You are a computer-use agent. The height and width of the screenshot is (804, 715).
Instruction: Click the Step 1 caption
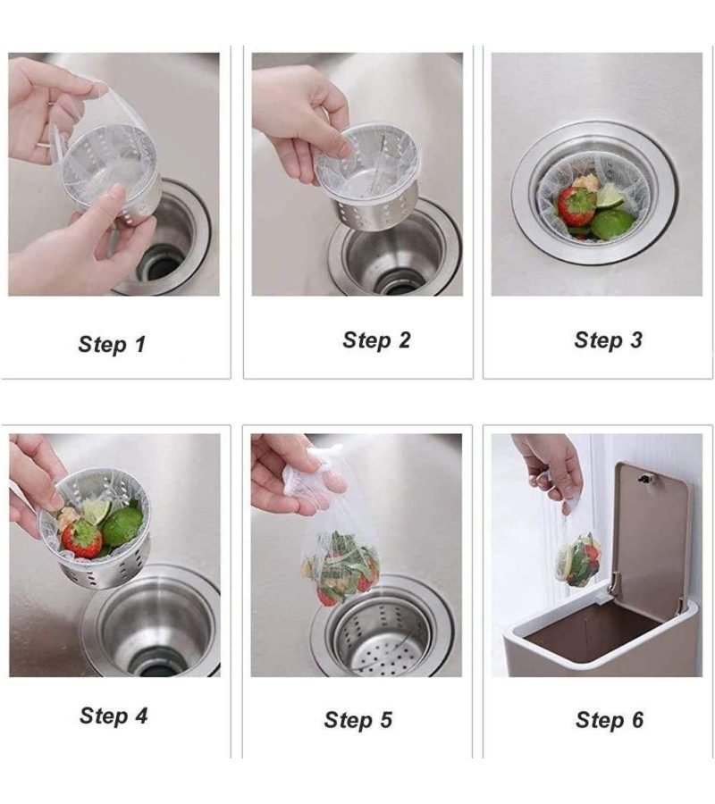112,344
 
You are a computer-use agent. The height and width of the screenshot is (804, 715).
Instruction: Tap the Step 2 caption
376,340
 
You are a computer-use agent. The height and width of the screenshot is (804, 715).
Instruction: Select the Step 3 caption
608,340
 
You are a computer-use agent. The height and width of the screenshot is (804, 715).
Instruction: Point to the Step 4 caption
114,716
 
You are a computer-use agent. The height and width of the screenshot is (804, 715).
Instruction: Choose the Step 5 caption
358,719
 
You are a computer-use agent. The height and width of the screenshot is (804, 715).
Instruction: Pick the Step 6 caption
610,719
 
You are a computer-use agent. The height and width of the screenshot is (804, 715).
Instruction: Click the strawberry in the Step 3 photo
574,205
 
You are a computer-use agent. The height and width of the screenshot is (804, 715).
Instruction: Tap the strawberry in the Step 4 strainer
81,539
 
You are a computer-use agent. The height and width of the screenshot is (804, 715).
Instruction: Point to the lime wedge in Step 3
610,195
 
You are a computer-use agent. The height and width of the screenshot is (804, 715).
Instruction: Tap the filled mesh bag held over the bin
579,559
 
